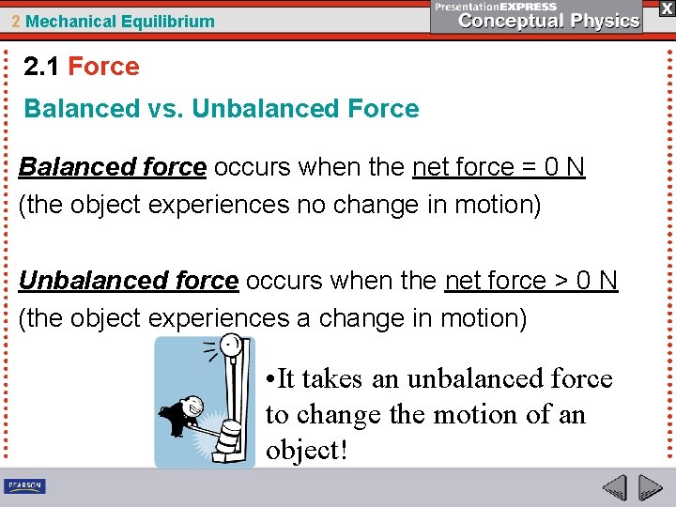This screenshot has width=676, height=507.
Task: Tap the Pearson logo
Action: (x=25, y=486)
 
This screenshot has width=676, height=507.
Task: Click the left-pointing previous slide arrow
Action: (x=614, y=487)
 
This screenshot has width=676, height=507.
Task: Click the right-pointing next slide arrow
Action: (x=649, y=487)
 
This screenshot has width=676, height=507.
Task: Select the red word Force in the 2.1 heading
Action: (x=103, y=67)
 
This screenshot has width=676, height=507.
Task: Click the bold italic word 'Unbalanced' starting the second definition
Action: (x=81, y=281)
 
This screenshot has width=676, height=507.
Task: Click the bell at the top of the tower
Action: (x=227, y=346)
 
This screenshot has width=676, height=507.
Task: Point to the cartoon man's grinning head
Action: (x=193, y=406)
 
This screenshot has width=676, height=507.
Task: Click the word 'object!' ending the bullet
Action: (x=307, y=450)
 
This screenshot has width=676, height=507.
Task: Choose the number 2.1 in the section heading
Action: (x=42, y=67)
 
